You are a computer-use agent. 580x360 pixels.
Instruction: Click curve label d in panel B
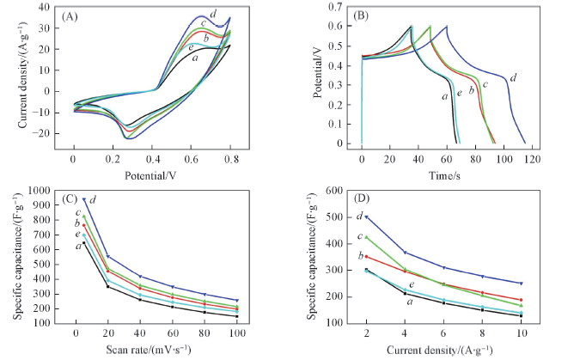[x=513, y=79]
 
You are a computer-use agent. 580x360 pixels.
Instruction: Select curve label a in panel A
[x=196, y=58]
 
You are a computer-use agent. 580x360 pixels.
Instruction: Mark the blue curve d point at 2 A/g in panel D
[x=367, y=217]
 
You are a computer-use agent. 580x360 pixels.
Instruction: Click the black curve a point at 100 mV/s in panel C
[x=236, y=316]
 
